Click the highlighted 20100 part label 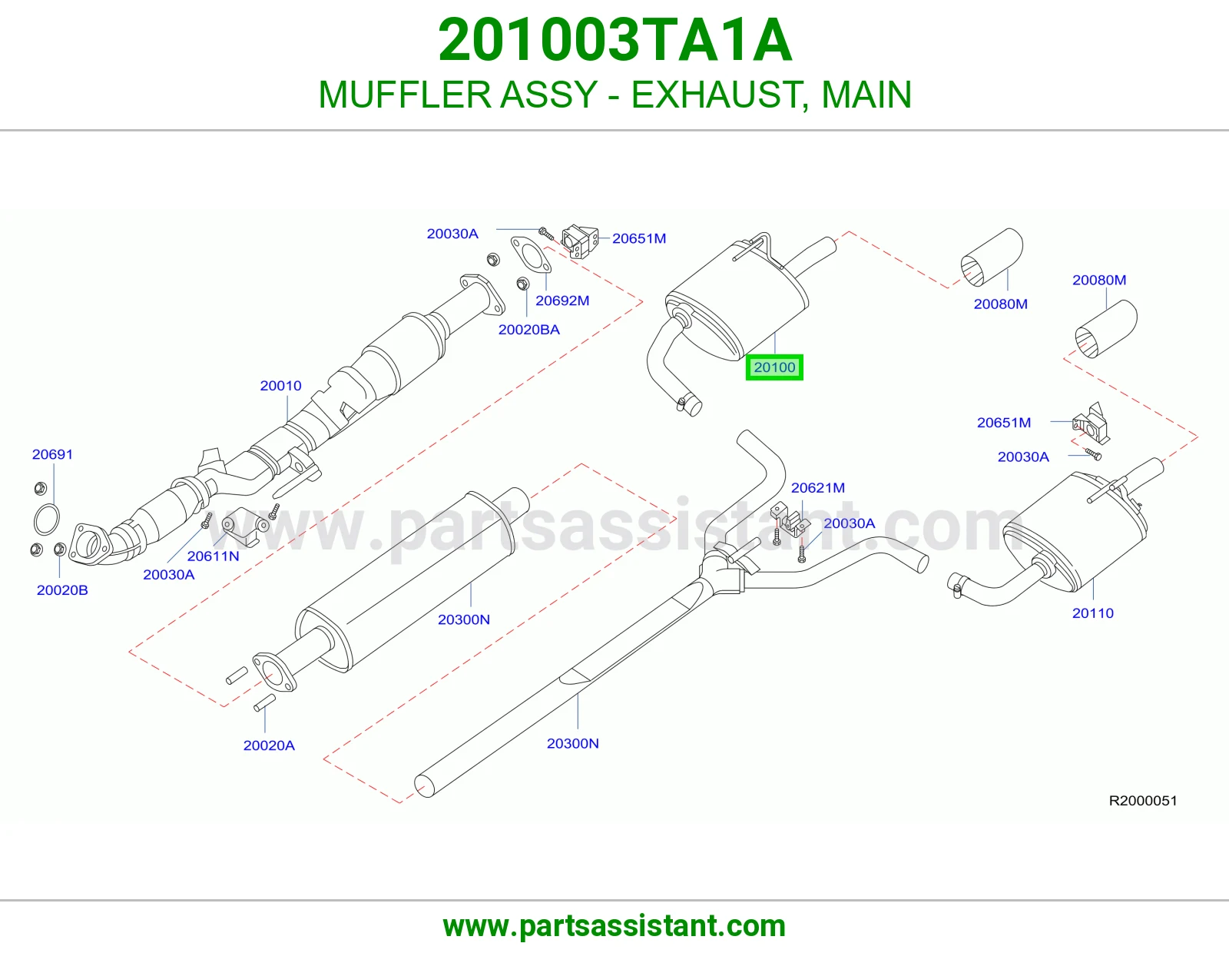tap(774, 367)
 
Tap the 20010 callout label tap(280, 386)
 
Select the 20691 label tap(52, 454)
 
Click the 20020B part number tap(62, 590)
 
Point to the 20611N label tap(214, 556)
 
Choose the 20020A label tap(269, 745)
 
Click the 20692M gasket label tap(563, 301)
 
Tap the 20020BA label tap(528, 330)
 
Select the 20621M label tap(818, 488)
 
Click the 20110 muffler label tap(1093, 613)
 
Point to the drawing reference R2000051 tap(1143, 801)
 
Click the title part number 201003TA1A tap(614, 40)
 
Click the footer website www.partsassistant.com tap(614, 926)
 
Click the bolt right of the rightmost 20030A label tap(1093, 453)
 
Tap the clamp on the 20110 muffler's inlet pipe tap(955, 584)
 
